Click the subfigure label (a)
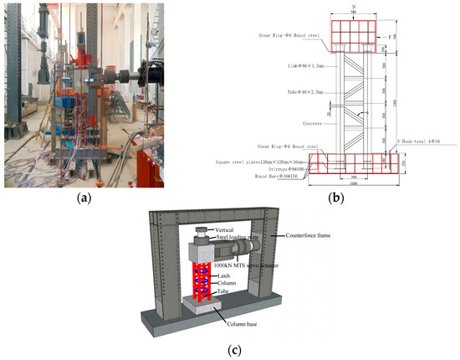84,199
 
